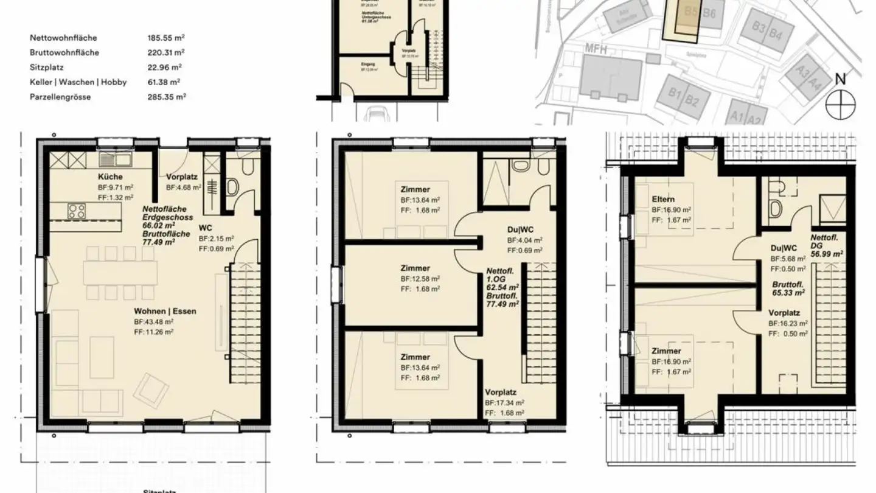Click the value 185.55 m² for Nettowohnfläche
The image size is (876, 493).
coord(166,38)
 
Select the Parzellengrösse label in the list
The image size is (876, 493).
coord(60,97)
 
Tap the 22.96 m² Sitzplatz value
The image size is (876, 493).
coord(164,67)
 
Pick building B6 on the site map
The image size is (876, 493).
coord(709,13)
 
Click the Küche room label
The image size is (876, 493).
coord(109,177)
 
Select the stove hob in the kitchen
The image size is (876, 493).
coord(77,212)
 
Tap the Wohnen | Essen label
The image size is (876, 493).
coord(165,311)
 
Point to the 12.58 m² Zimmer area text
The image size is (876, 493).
coord(420,279)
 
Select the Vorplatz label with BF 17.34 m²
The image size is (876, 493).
coord(501,393)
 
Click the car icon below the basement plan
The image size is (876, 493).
coord(378,113)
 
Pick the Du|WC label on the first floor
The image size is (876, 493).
coord(520,230)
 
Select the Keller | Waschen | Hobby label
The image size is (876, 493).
coord(78,82)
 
